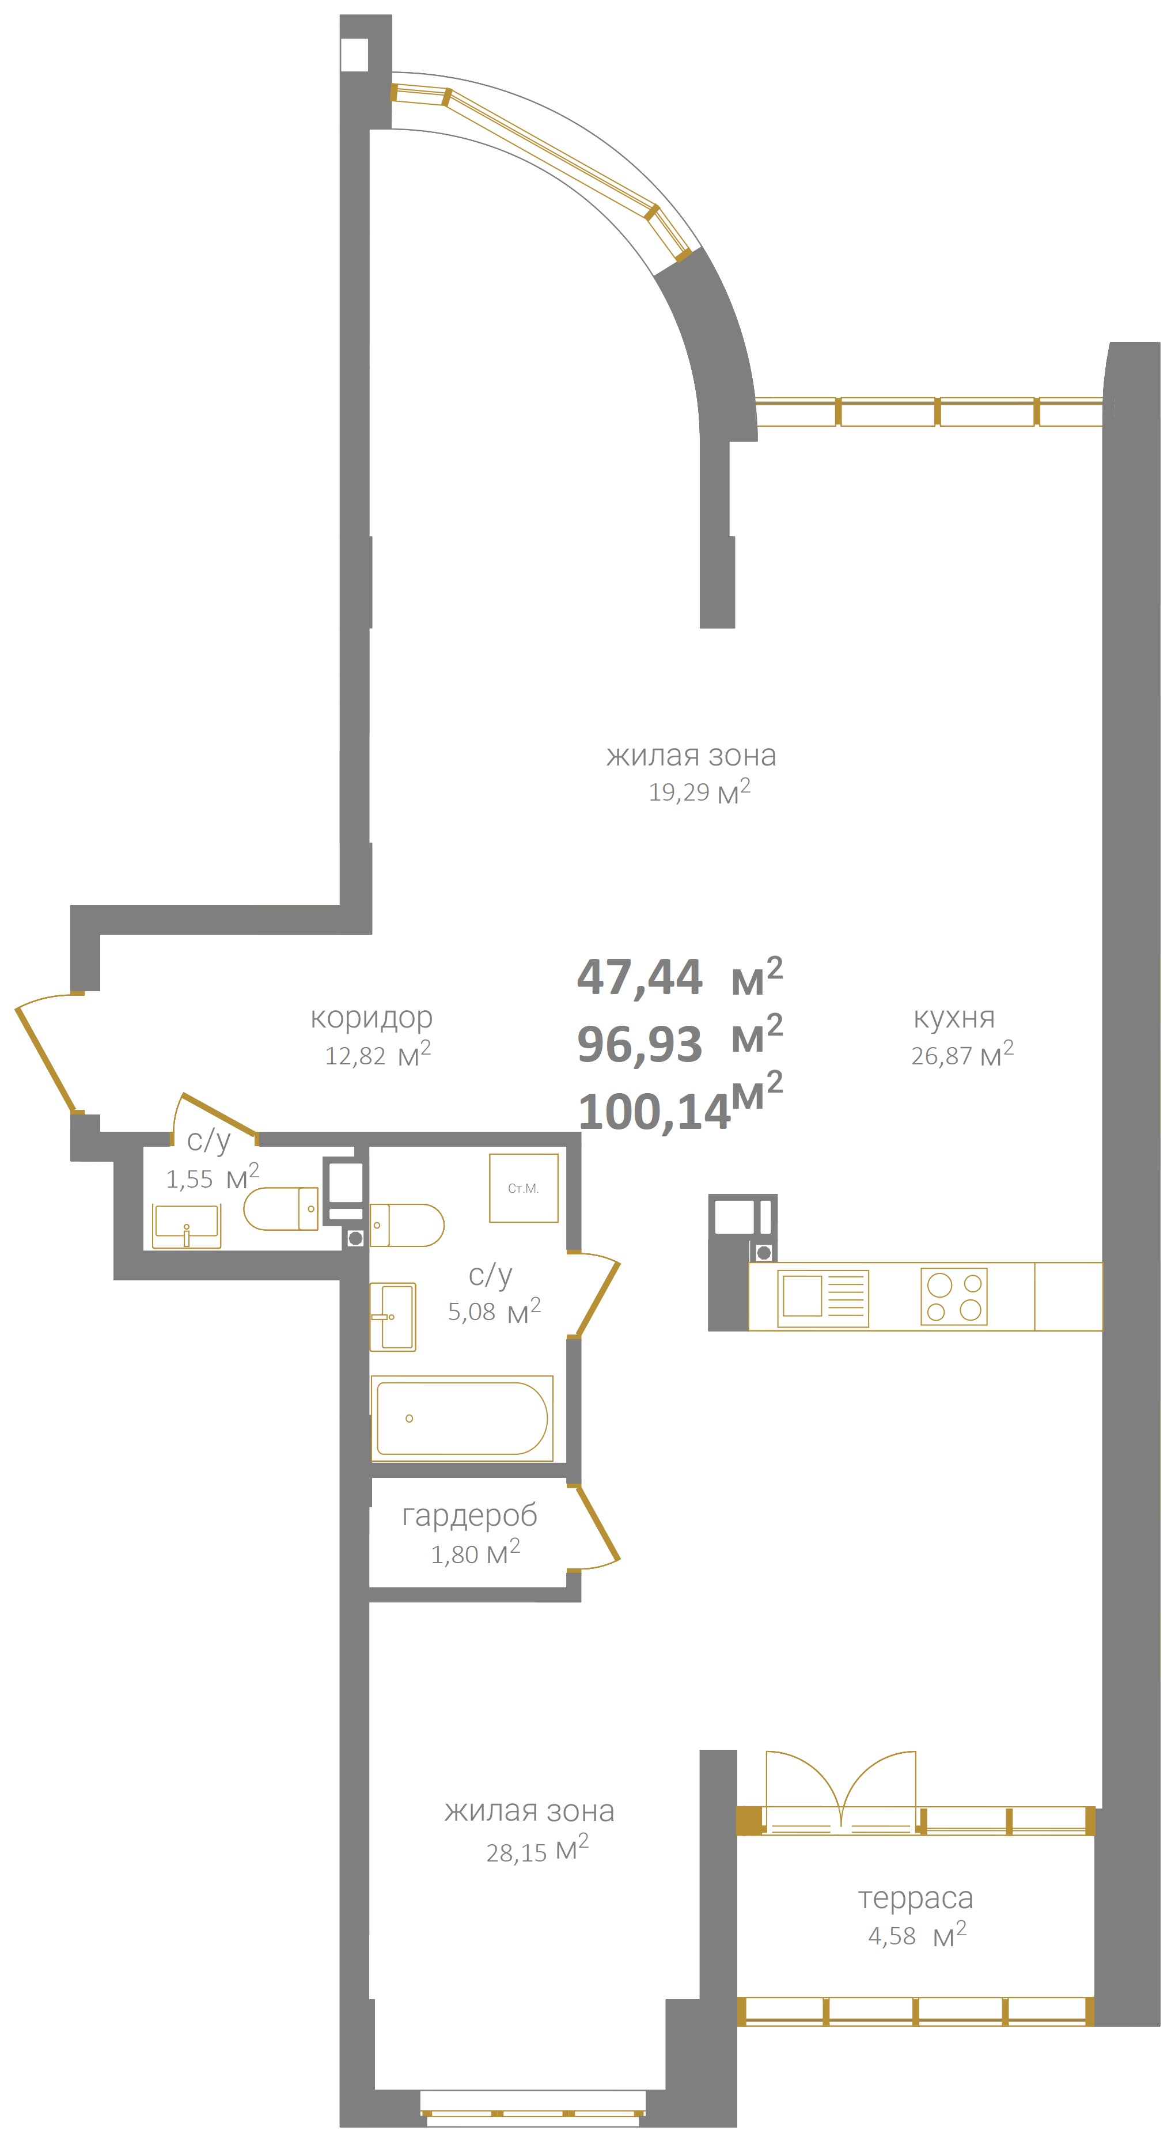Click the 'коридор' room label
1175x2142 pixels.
(x=371, y=1018)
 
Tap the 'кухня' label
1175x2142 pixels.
(x=954, y=1018)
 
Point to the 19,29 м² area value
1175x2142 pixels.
(x=699, y=791)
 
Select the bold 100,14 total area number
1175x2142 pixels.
(x=654, y=1112)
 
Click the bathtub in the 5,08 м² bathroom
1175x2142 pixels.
(x=461, y=1418)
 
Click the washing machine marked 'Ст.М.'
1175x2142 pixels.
(x=523, y=1188)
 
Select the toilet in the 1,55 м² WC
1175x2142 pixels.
(x=281, y=1208)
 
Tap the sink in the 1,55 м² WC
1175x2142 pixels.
(x=186, y=1226)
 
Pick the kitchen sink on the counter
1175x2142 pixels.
(x=822, y=1297)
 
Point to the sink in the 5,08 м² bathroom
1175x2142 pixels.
(x=392, y=1316)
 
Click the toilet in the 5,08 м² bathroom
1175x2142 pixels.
(x=407, y=1225)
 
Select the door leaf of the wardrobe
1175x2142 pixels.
(x=598, y=1522)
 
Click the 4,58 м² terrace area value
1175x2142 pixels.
(x=916, y=1936)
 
